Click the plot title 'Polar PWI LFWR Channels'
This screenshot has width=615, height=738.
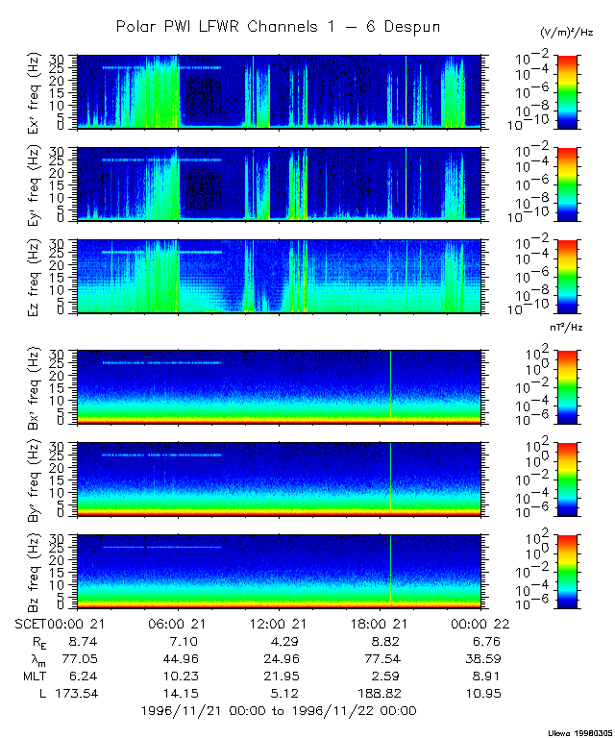[278, 27]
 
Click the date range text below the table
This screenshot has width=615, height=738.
[278, 711]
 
